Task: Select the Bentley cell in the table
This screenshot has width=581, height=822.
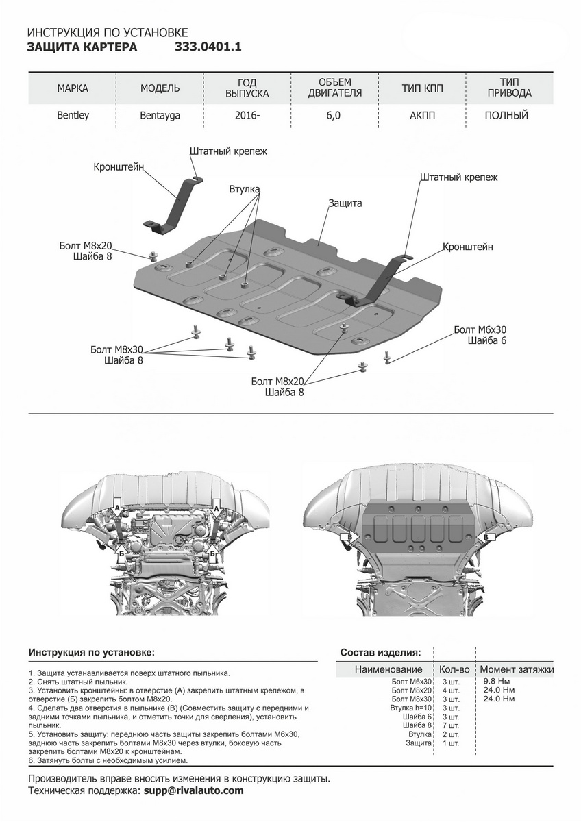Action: pyautogui.click(x=73, y=116)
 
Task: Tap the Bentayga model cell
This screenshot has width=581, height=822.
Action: pyautogui.click(x=160, y=116)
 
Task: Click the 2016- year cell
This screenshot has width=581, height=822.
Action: pyautogui.click(x=247, y=116)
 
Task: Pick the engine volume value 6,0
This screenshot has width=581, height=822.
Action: pyautogui.click(x=334, y=116)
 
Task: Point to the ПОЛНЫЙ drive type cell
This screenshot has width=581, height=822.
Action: pyautogui.click(x=506, y=116)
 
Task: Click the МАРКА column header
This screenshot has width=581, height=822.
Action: pyautogui.click(x=73, y=88)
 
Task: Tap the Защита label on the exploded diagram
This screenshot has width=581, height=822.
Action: pyautogui.click(x=345, y=203)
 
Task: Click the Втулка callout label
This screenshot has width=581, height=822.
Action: pyautogui.click(x=245, y=189)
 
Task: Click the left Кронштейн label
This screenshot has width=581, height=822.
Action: pyautogui.click(x=119, y=166)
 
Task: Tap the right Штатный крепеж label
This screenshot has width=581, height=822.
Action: pyautogui.click(x=458, y=177)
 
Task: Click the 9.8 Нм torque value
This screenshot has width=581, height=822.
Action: pyautogui.click(x=496, y=682)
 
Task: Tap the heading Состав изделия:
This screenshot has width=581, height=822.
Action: pyautogui.click(x=380, y=652)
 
